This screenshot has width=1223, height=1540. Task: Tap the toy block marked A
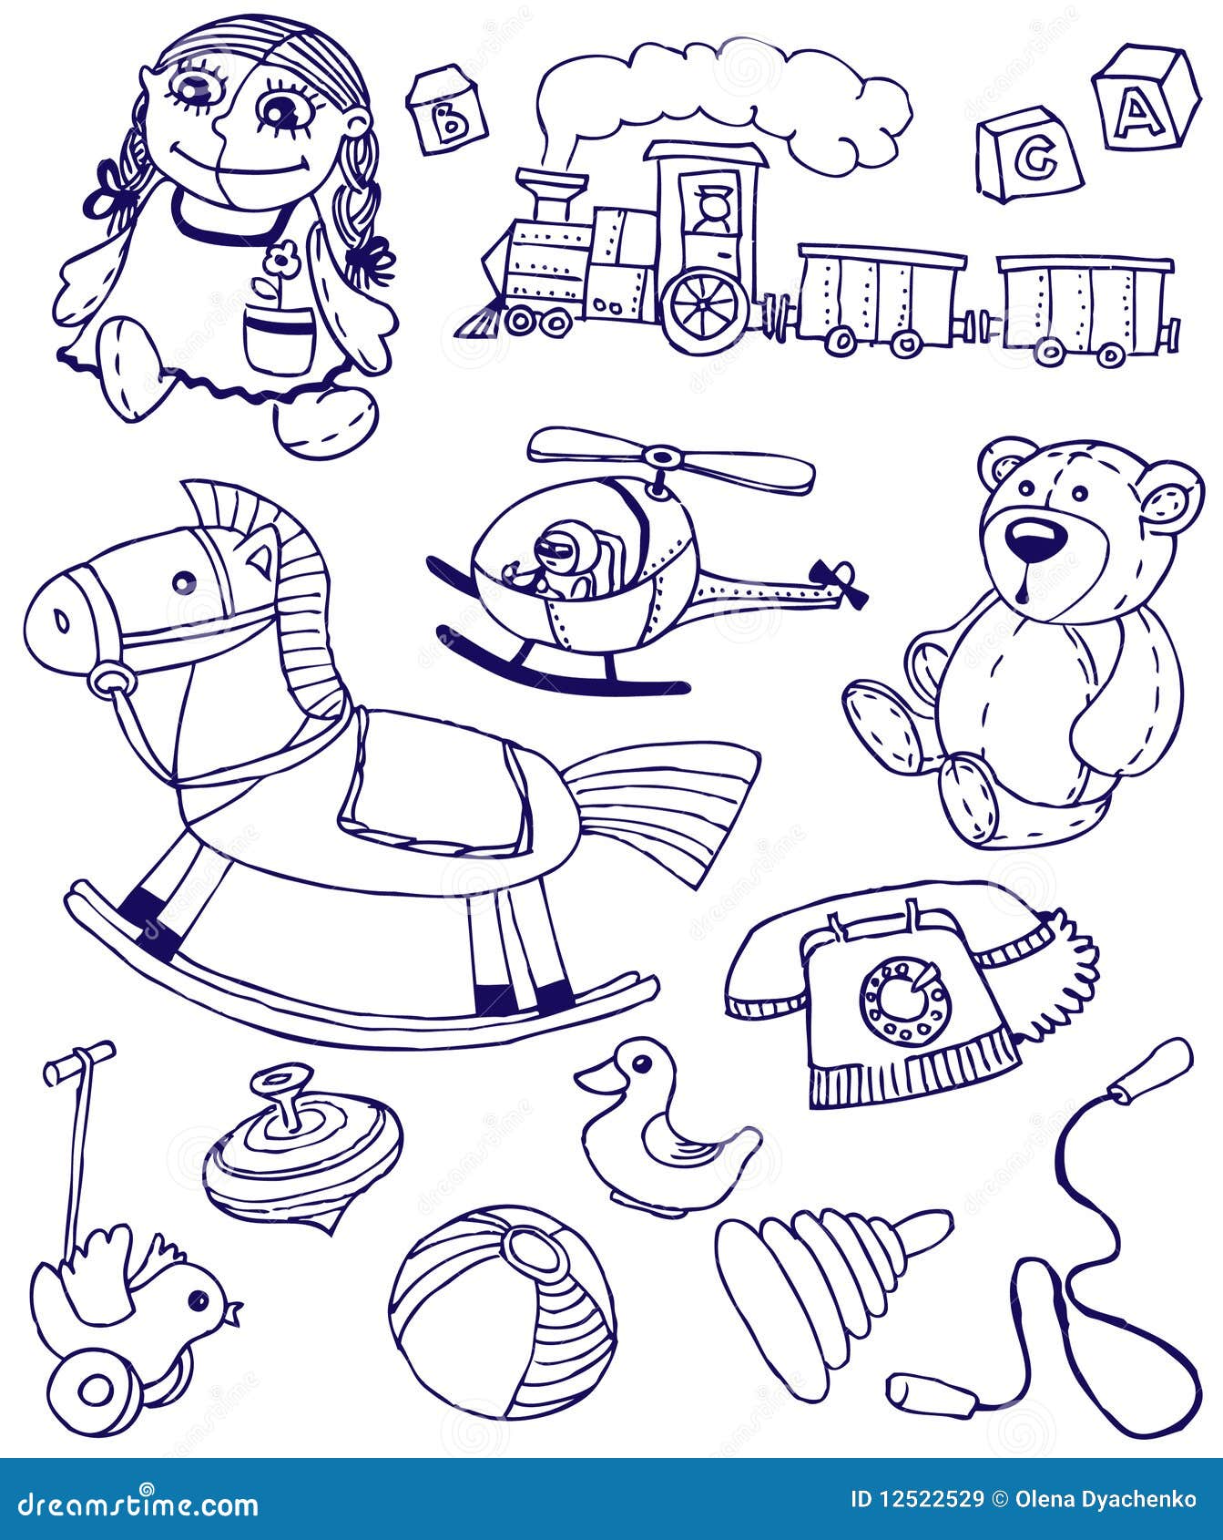point(1145,98)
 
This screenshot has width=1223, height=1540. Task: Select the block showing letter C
point(1029,156)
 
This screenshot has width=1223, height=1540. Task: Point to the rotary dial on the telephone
point(905,1001)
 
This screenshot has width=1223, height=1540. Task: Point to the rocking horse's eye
point(185,582)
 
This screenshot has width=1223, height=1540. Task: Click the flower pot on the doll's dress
point(279,337)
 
